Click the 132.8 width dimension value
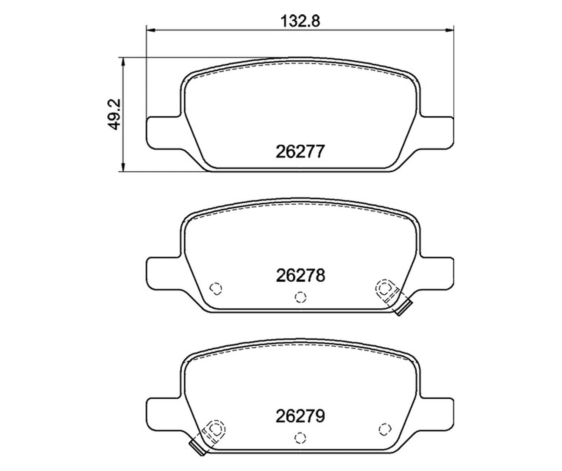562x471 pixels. (x=301, y=21)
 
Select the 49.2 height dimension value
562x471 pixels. (x=115, y=115)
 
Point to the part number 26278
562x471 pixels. (x=301, y=275)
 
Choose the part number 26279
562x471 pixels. (x=301, y=417)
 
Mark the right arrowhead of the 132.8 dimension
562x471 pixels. (x=450, y=30)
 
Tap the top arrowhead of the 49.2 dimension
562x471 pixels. (x=123, y=63)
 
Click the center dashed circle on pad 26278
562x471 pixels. (x=300, y=297)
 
